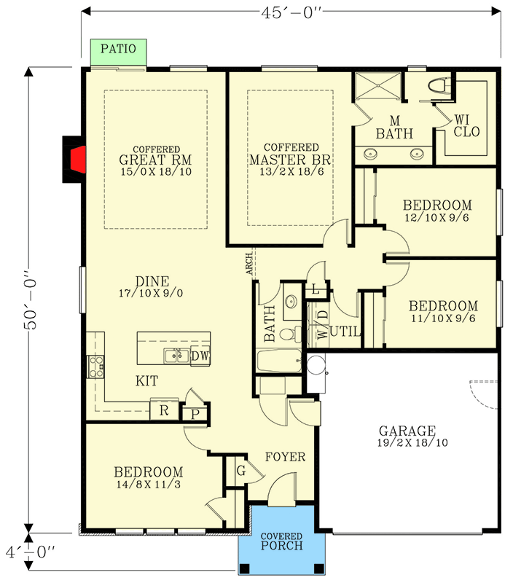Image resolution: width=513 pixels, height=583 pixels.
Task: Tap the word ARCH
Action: pos(249,262)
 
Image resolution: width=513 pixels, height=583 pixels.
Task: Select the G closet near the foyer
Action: pos(240,472)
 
